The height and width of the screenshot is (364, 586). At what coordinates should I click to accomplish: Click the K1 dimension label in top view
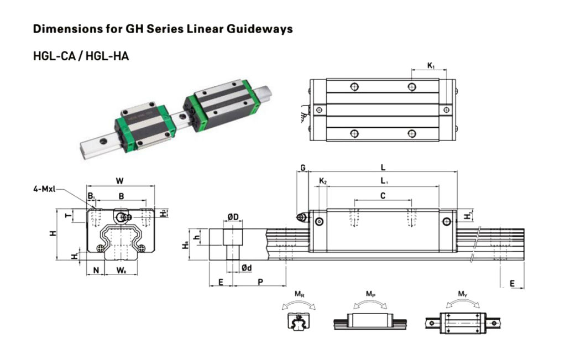tap(431, 66)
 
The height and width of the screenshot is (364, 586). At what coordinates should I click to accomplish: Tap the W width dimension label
tap(119, 180)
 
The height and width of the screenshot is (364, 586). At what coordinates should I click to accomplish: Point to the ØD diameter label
tap(233, 217)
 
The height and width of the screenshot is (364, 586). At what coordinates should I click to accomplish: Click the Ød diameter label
tap(247, 268)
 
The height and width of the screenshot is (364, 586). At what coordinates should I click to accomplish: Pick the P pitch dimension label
tap(260, 282)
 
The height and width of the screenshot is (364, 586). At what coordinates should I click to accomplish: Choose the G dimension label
tap(302, 167)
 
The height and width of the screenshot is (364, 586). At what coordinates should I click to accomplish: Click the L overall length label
tap(383, 167)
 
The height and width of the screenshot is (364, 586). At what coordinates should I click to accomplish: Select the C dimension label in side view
tap(383, 195)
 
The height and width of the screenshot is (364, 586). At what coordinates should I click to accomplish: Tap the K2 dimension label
tap(323, 181)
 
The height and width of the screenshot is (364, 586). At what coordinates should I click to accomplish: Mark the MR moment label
tap(299, 293)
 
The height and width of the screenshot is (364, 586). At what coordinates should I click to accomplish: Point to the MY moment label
tap(462, 293)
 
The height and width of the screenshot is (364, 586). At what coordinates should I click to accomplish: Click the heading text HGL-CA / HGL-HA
tap(81, 56)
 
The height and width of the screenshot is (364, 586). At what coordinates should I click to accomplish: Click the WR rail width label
tap(121, 270)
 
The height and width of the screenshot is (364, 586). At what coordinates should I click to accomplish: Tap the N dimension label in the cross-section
tap(96, 270)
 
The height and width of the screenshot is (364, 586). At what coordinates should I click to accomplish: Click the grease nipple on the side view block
tap(301, 217)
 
